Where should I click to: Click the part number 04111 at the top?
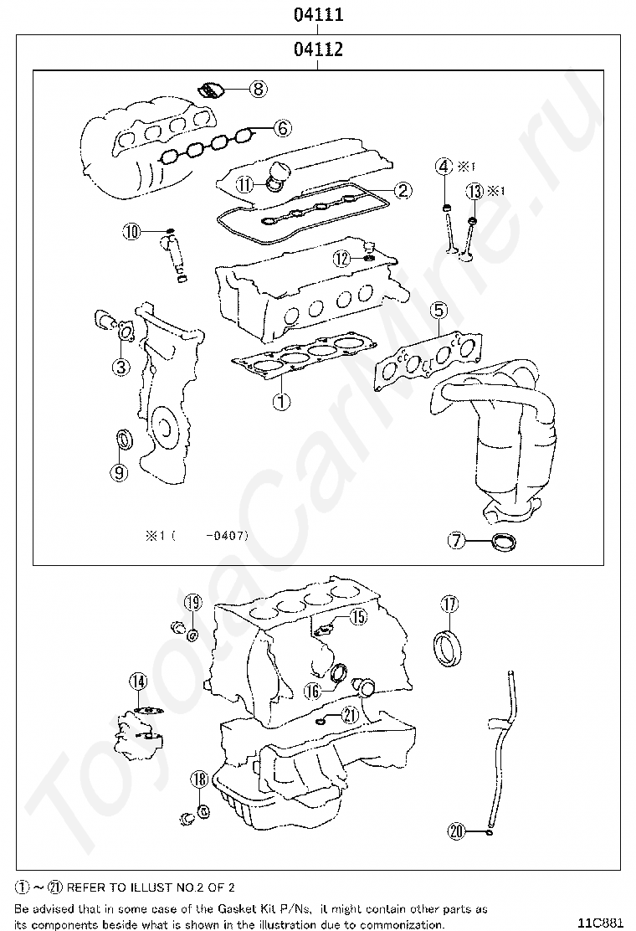coord(318,14)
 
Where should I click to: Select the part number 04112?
coord(318,50)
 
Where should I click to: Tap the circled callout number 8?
coord(257,87)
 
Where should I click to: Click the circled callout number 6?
coord(282,128)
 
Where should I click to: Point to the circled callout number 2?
coord(403,191)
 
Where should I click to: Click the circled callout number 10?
coord(131,232)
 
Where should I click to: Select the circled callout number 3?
coord(121,366)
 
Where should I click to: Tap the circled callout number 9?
coord(120,472)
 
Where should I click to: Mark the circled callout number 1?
coord(281,401)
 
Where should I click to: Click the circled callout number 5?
coord(439,311)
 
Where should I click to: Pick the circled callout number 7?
coord(455,541)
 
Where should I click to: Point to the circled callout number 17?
coord(449,604)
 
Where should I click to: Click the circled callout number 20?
coord(456,831)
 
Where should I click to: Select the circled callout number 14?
coord(138,682)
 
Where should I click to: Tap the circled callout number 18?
coord(198,779)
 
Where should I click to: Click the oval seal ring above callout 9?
coord(122,439)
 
